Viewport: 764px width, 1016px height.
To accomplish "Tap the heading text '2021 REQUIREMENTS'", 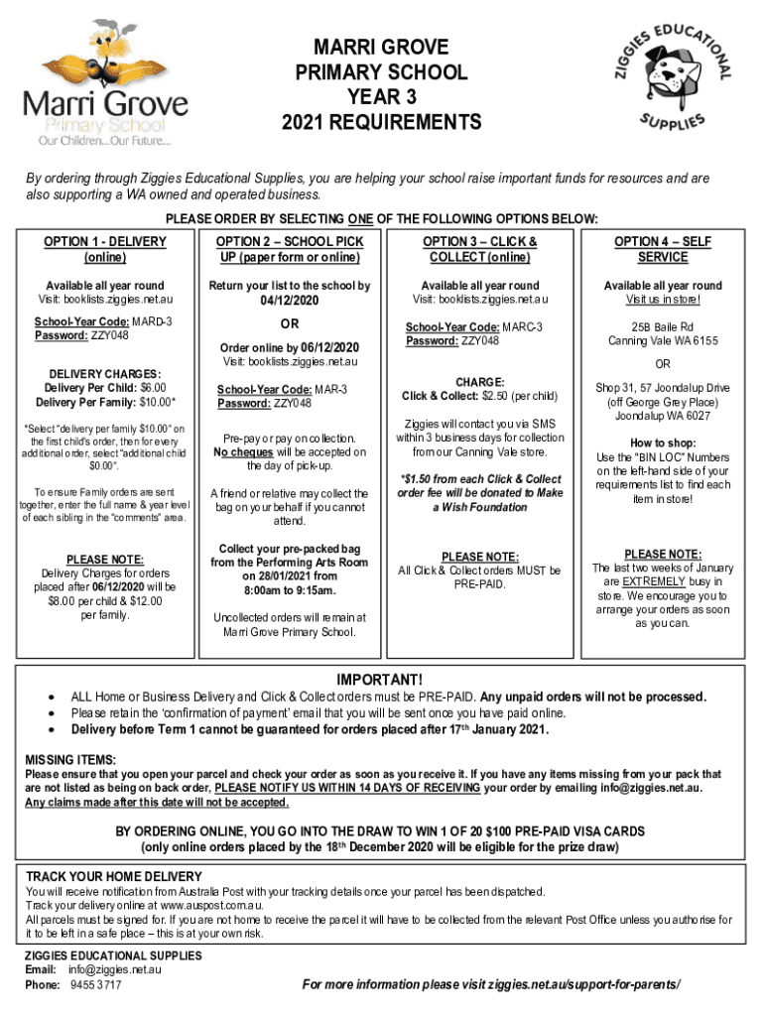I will pos(381,124).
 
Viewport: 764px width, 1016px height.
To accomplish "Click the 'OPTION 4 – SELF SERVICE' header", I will pos(663,249).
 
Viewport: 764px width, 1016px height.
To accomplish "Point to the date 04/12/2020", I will pos(291,300).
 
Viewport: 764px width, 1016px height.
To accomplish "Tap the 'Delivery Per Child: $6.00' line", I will pos(104,387).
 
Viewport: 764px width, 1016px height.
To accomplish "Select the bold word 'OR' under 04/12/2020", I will pos(290,325).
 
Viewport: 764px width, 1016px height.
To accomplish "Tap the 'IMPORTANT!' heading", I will pos(381,680).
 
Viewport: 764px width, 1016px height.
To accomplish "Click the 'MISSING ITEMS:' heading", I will pos(69,760).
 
